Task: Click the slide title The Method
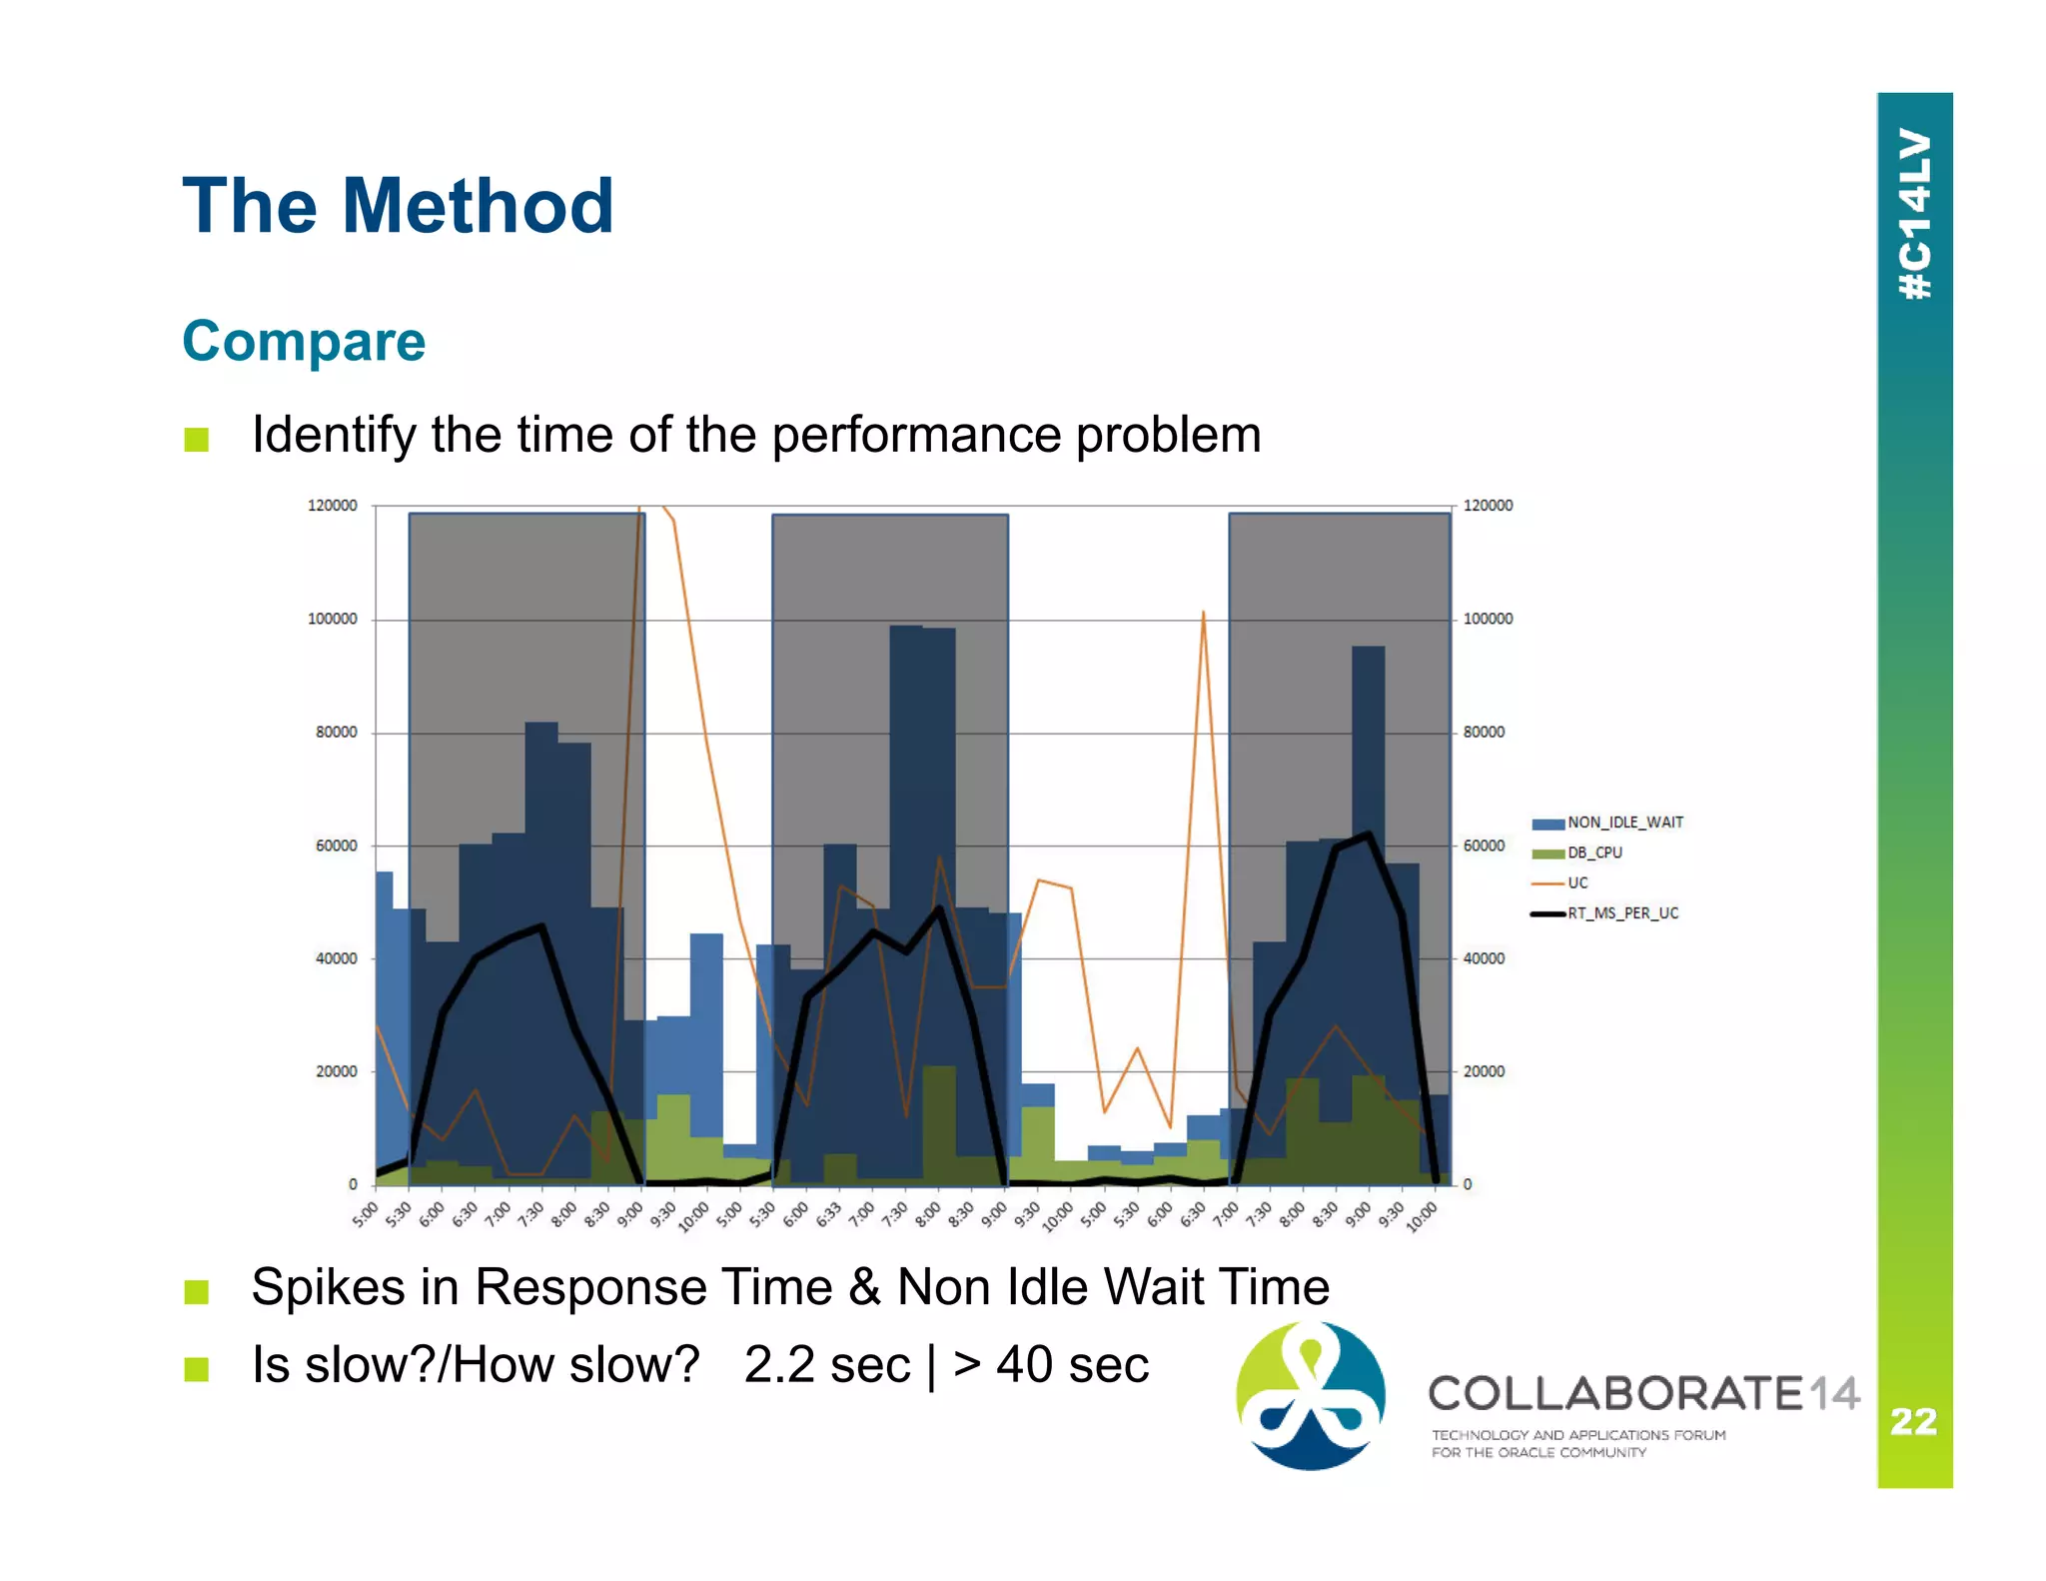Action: [x=398, y=207]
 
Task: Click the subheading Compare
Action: [x=304, y=342]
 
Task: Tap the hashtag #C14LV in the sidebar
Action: [x=1914, y=214]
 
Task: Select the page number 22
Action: [x=1913, y=1421]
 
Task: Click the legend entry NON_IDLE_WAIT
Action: [x=1624, y=822]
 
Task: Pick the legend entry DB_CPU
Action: [x=1594, y=852]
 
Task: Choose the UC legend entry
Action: [x=1577, y=882]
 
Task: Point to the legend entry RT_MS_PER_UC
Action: [x=1622, y=913]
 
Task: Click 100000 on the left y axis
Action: [x=332, y=620]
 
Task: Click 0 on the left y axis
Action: [x=353, y=1184]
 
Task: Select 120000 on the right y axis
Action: [x=1488, y=506]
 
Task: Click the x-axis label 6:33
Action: [x=829, y=1215]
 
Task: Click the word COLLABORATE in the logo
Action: [x=1614, y=1393]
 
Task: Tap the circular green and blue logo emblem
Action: [x=1311, y=1395]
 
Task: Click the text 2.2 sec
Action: [x=827, y=1365]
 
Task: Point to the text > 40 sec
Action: [x=1051, y=1365]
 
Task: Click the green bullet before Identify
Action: [x=197, y=440]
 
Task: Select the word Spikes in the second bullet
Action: [x=328, y=1287]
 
